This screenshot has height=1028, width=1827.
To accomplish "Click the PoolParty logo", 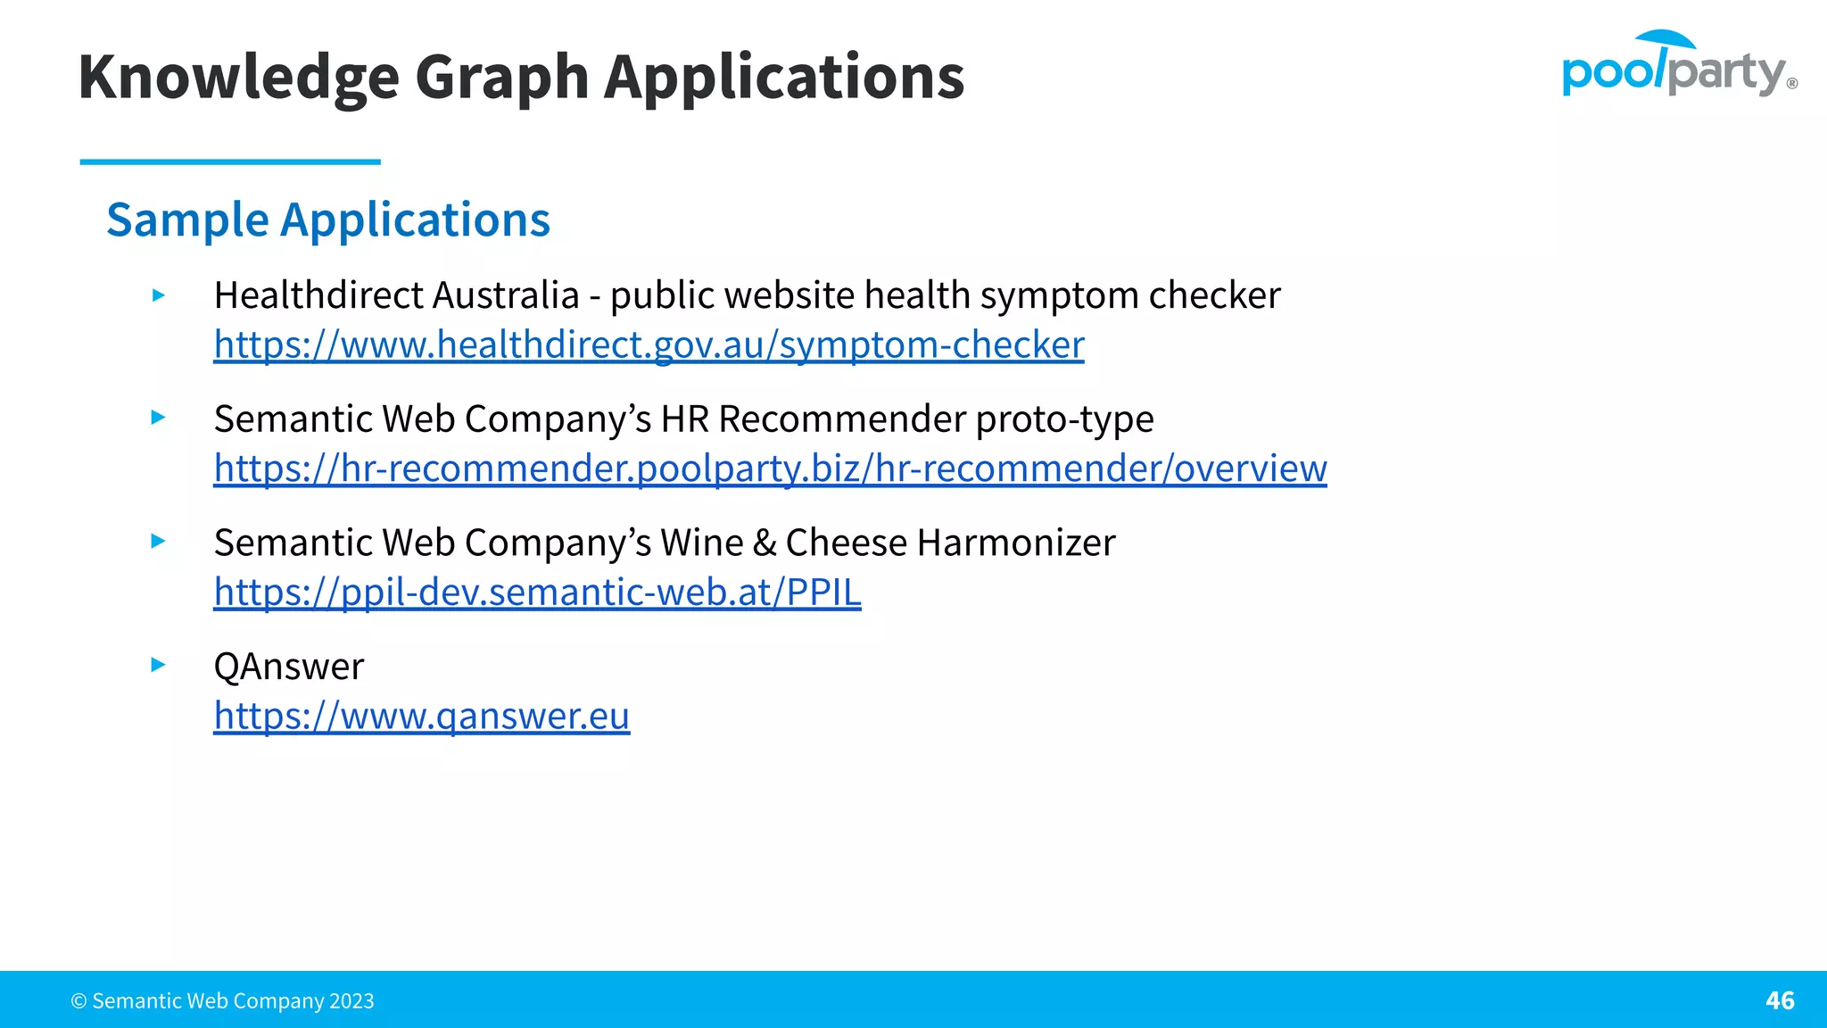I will (1678, 64).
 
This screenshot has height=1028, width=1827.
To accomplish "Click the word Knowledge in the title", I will (238, 78).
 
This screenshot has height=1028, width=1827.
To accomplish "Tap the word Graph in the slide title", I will (501, 78).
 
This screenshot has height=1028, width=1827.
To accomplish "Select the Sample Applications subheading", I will (328, 220).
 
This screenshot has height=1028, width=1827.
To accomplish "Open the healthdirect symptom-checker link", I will (649, 345).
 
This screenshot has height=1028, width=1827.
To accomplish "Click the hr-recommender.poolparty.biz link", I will (770, 468).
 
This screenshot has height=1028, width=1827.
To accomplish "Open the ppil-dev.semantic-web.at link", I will (537, 593).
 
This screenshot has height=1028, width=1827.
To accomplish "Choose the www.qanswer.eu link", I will (421, 716).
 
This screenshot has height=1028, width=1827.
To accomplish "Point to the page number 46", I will (1780, 1000).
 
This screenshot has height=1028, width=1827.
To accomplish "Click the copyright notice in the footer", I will (223, 1001).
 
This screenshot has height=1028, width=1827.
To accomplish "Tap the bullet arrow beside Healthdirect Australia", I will (159, 295).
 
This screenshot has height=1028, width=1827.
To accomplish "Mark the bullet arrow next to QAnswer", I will (159, 665).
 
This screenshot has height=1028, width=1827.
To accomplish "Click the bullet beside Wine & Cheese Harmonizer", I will (159, 541).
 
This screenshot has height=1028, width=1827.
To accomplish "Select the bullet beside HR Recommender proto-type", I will (159, 418).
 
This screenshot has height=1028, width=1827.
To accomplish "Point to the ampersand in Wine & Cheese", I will (765, 543).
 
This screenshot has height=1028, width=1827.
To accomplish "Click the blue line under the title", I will (230, 162).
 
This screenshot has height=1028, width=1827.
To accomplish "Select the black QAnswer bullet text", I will (289, 667).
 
